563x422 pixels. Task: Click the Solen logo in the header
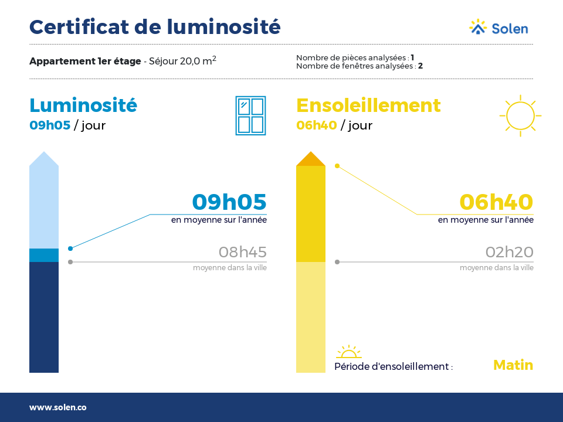coord(498,28)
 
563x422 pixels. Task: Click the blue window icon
coord(250,115)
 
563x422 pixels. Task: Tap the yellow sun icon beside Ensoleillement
coord(520,115)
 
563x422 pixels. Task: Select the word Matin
coord(513,365)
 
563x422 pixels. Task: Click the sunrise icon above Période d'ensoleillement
coord(348,352)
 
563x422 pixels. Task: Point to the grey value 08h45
coord(243,252)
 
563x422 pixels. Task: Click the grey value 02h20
coord(510,252)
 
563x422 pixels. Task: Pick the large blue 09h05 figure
coord(229,202)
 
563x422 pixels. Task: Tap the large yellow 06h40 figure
coord(497,202)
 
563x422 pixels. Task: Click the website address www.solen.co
coord(58,407)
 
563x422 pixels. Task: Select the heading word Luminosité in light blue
coord(83,105)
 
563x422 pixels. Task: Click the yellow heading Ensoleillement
coord(368,105)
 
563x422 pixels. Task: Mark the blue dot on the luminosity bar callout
coord(70,249)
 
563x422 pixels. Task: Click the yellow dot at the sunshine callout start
coord(337,166)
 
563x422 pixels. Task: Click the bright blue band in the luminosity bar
coord(44,255)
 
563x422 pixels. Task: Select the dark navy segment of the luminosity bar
coord(44,317)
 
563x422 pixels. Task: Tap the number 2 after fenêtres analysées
coord(420,66)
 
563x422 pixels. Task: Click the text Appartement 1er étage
coord(85,62)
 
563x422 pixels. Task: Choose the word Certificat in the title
coord(79,27)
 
